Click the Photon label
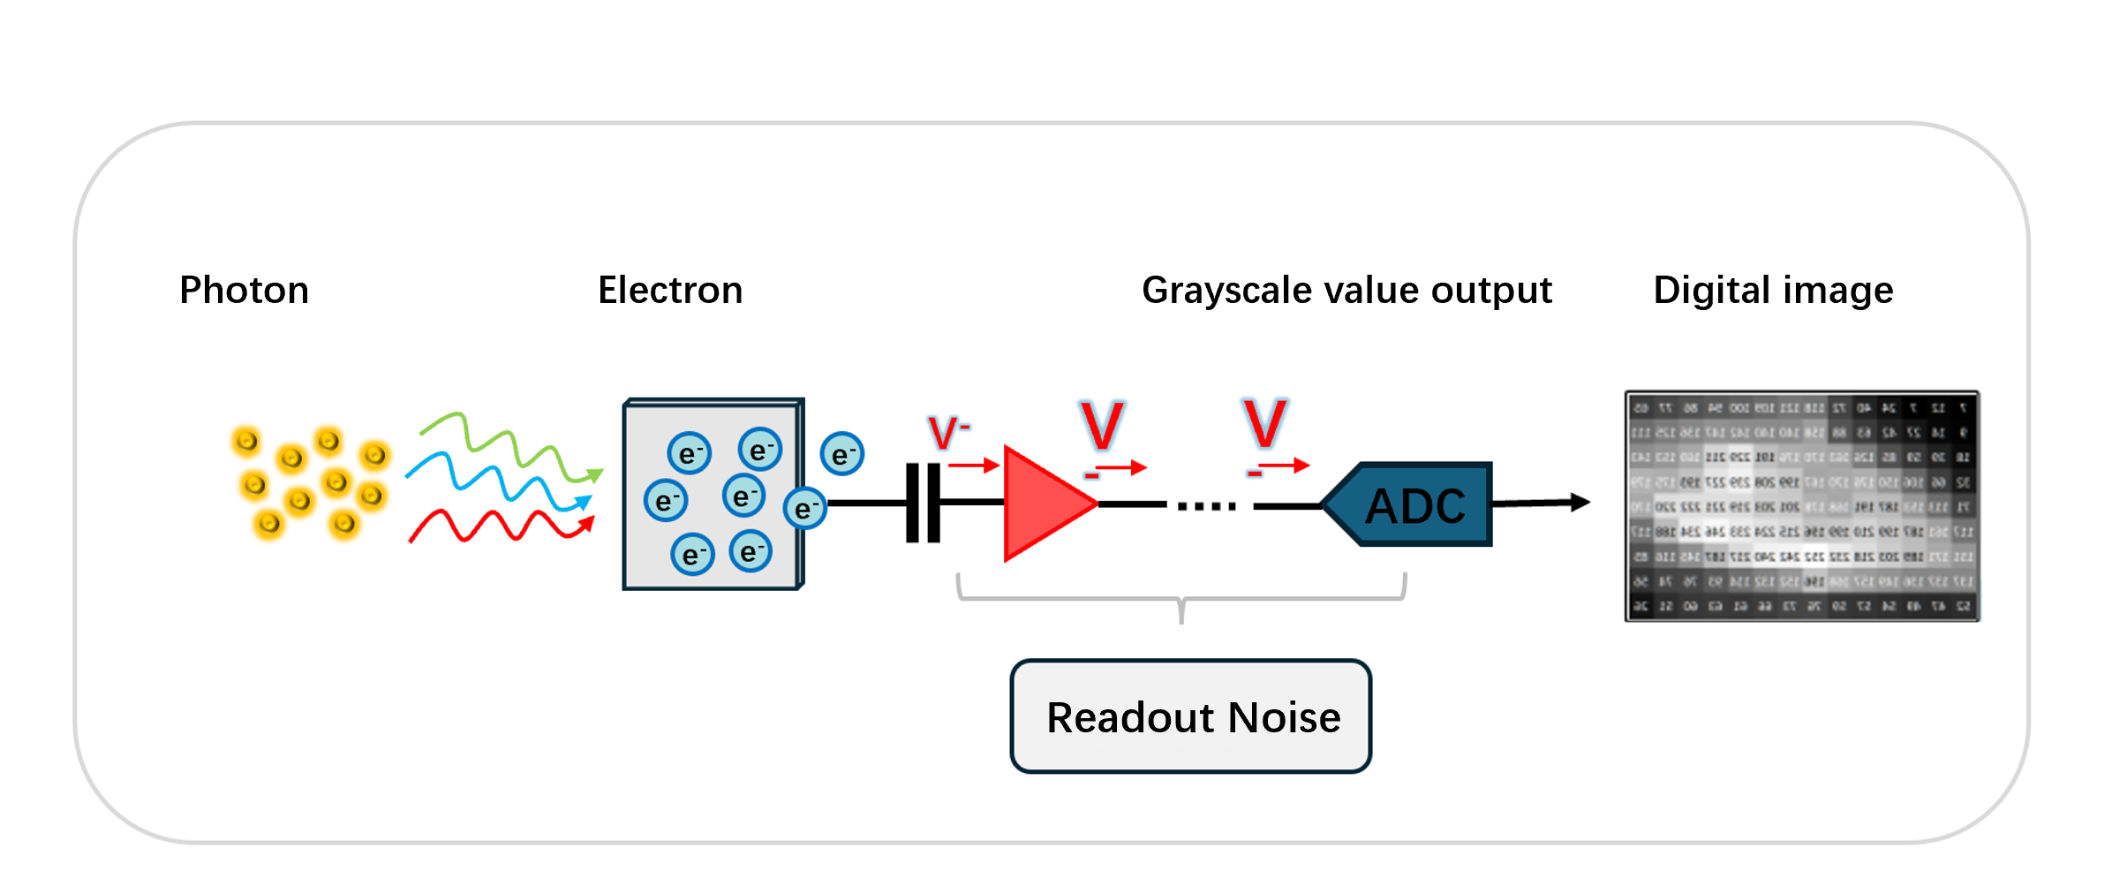pyautogui.click(x=244, y=291)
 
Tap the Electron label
pyautogui.click(x=670, y=291)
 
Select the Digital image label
pyautogui.click(x=1773, y=291)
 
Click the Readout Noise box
pyautogui.click(x=1191, y=716)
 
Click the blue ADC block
pyautogui.click(x=1413, y=505)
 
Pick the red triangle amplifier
pyautogui.click(x=1042, y=504)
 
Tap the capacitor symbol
pyautogui.click(x=923, y=503)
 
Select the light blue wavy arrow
pyautogui.click(x=499, y=481)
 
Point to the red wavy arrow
pyautogui.click(x=499, y=526)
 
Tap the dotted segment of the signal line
pyautogui.click(x=1207, y=506)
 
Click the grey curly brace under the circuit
pyautogui.click(x=1181, y=600)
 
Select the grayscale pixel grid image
pyautogui.click(x=1801, y=506)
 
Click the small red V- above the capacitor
pyautogui.click(x=947, y=433)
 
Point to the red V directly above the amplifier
pyautogui.click(x=1102, y=427)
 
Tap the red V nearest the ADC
pyautogui.click(x=1264, y=424)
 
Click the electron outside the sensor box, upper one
pyautogui.click(x=841, y=454)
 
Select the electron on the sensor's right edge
pyautogui.click(x=804, y=509)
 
